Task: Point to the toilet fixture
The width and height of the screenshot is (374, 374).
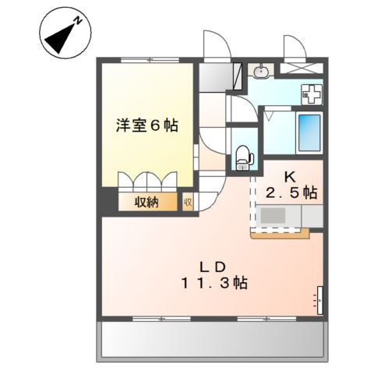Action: (244, 157)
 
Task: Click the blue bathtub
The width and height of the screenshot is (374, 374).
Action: (309, 133)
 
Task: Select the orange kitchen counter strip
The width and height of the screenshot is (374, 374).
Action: (280, 232)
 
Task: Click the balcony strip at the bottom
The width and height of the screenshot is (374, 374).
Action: (211, 340)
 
